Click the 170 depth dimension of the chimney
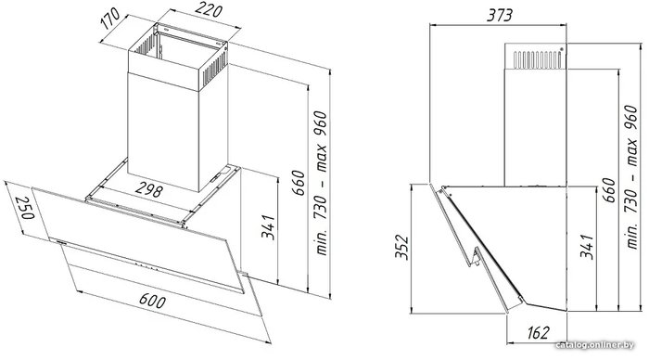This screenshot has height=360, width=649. click(110, 19)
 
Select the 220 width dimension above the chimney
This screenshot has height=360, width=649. click(209, 9)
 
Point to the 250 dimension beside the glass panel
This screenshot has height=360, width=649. click(25, 208)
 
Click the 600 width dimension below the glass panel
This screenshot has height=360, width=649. click(153, 301)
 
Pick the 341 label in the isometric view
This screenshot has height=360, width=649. click(268, 226)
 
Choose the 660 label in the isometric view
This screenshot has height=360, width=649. click(298, 182)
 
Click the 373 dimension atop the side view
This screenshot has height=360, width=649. click(499, 16)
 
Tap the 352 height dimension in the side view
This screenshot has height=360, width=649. click(401, 248)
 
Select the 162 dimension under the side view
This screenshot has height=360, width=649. click(538, 332)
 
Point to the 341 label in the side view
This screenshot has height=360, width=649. click(587, 246)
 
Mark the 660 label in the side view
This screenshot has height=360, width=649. click(608, 189)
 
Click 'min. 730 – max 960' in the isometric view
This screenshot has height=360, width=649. click(321, 183)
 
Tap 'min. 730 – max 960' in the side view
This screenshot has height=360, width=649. click(631, 177)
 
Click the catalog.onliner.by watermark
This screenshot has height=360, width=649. click(595, 345)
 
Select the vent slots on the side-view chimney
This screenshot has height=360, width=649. click(538, 60)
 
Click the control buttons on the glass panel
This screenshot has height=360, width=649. click(146, 266)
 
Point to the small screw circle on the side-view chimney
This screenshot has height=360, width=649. click(562, 49)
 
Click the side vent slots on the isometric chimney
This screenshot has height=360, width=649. click(215, 71)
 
